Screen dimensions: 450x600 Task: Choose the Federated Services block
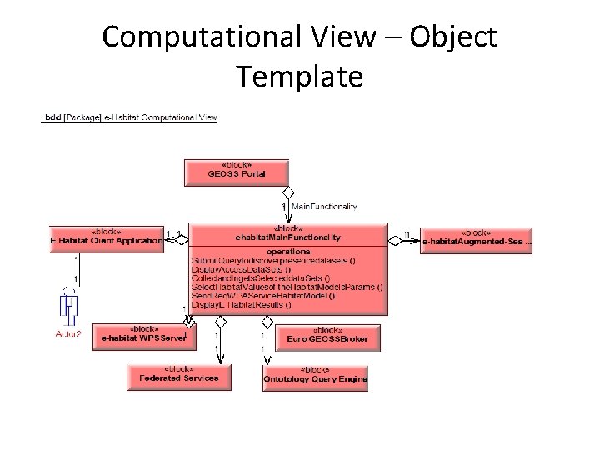(x=178, y=376)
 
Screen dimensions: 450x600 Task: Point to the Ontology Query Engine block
(x=315, y=377)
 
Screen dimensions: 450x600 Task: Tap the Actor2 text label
(x=67, y=334)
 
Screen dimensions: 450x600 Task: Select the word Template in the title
(x=299, y=77)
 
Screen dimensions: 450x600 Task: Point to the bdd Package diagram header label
(x=130, y=117)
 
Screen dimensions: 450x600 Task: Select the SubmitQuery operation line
(x=274, y=260)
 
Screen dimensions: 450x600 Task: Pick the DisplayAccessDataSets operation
(x=242, y=268)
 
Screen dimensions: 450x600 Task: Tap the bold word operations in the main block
(x=288, y=251)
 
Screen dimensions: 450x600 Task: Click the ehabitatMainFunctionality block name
(x=288, y=237)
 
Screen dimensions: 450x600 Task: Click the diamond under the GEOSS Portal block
(x=288, y=193)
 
